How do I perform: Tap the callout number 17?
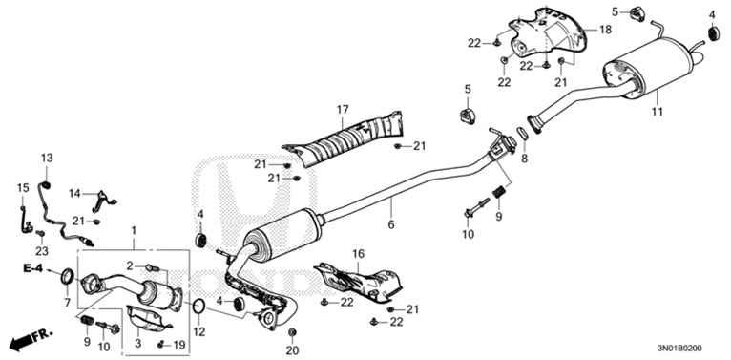tap(342, 110)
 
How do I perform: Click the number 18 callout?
tap(605, 31)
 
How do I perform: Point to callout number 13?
tap(47, 158)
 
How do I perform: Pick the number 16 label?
tap(359, 254)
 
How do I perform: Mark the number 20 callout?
tap(292, 349)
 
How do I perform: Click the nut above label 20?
tap(292, 331)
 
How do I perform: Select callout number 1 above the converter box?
tap(135, 230)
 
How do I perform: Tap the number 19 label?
tap(178, 342)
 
